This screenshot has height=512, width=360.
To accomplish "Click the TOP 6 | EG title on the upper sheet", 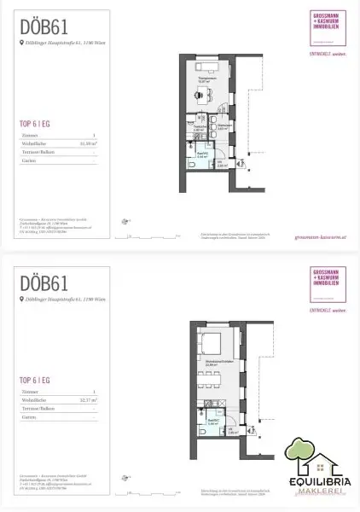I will tap(36, 124).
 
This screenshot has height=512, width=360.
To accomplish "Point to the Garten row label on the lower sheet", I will tap(28, 416).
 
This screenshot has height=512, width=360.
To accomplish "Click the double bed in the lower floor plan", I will tap(212, 344).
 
